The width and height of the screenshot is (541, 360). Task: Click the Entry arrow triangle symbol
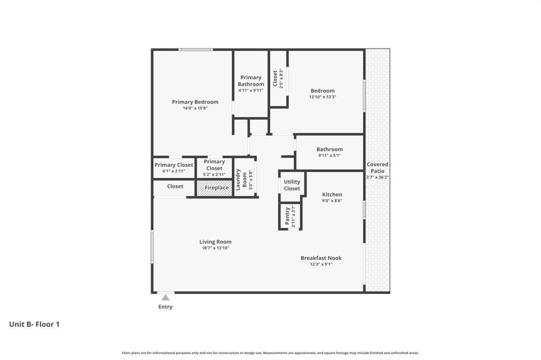pos(165,298)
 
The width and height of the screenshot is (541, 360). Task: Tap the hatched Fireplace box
pos(214,188)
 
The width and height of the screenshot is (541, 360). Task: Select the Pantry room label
pos(287,216)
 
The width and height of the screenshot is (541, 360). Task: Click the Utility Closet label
pos(292,185)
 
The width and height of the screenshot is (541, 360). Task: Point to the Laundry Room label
pos(239,179)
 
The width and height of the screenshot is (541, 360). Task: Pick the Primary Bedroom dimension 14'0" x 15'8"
pos(195,108)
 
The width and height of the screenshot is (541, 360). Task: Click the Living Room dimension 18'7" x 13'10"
pos(215,248)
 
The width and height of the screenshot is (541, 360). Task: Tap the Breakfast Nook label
pos(321,258)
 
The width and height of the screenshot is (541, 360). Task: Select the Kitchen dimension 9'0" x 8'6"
pos(332,201)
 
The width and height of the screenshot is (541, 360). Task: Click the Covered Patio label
pos(377,168)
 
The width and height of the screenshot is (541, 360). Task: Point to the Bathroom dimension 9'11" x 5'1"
pos(330,155)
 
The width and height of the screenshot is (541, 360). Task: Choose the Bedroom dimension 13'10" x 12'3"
pos(322,97)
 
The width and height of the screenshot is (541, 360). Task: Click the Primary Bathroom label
pos(250,81)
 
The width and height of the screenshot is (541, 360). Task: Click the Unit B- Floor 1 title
pos(34,324)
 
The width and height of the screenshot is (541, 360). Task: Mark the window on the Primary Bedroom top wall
pos(195,50)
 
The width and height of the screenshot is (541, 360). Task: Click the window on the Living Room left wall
pos(152,246)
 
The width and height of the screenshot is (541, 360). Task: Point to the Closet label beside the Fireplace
pos(175,186)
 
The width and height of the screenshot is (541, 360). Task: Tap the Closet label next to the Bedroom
pos(275,79)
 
